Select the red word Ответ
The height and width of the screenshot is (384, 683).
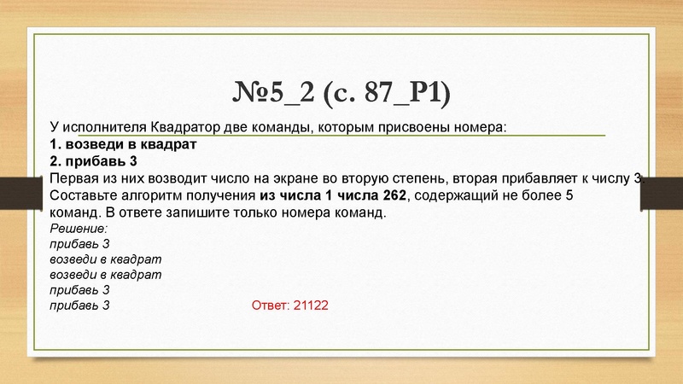pos(271,305)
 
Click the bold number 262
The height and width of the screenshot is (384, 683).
pos(396,196)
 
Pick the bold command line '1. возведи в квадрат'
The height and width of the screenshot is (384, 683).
pos(123,144)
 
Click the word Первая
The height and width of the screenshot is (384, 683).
pos(77,178)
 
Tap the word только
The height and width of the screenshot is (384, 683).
pos(270,213)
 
